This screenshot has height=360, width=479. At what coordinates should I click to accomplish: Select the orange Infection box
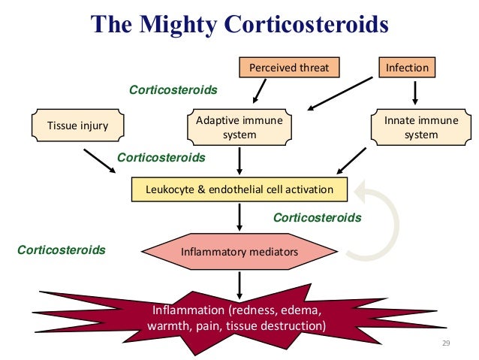(407, 68)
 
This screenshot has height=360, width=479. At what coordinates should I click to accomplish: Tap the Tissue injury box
(78, 126)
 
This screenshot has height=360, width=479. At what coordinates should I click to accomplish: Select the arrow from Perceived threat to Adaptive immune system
(259, 91)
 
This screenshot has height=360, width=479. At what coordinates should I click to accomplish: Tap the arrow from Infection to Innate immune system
(415, 92)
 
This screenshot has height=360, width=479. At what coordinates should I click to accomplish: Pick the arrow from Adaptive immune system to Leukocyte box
(239, 160)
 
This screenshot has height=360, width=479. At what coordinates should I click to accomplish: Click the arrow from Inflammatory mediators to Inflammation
(239, 283)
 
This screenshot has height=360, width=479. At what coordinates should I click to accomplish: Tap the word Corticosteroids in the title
(305, 24)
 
